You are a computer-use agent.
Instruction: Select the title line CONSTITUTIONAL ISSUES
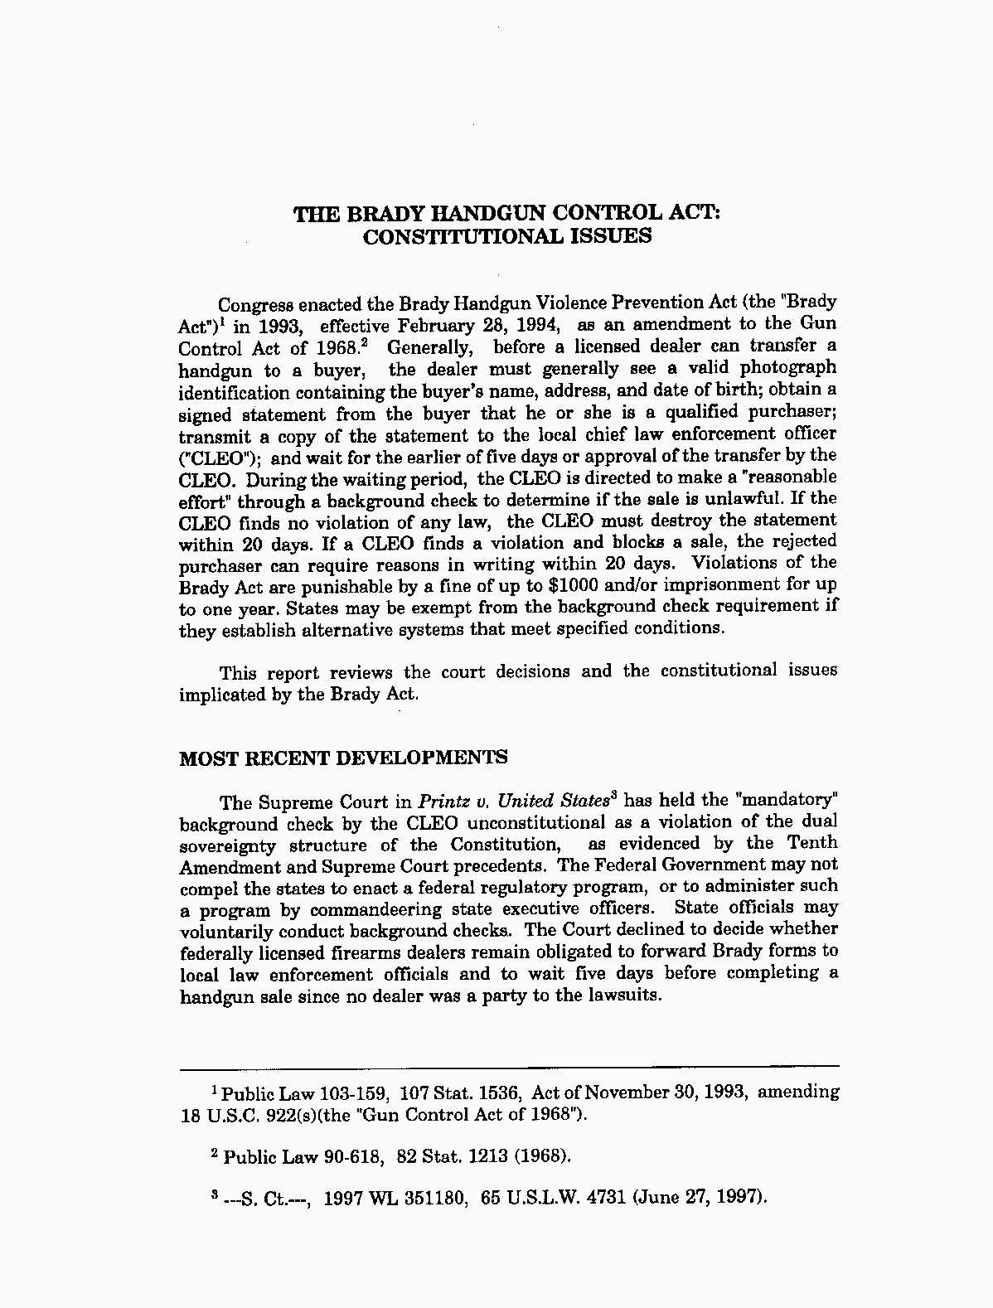[x=507, y=236]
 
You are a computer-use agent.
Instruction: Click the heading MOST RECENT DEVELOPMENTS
[x=343, y=758]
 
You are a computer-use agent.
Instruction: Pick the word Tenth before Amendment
[x=811, y=843]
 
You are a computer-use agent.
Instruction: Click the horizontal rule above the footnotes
[x=509, y=1067]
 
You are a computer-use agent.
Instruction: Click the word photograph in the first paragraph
[x=787, y=367]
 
